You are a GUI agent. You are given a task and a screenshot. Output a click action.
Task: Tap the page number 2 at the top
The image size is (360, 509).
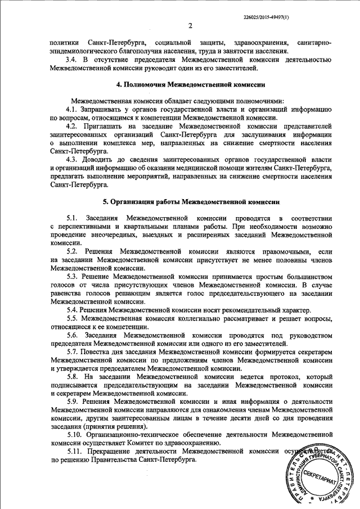191,25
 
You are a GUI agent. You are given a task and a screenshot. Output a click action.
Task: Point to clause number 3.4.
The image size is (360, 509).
71,59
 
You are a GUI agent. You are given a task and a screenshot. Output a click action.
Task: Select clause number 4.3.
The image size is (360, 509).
71,159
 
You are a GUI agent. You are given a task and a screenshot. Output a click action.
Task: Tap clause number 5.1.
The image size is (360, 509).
71,218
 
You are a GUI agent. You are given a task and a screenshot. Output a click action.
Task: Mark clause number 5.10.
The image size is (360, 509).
74,435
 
